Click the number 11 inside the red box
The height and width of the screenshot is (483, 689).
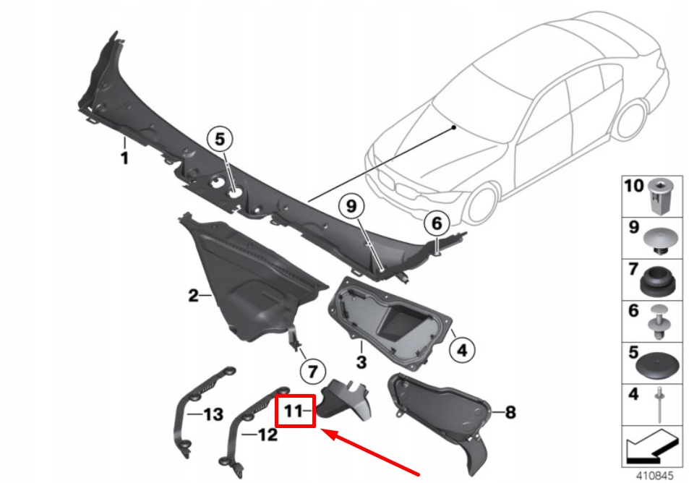(293, 411)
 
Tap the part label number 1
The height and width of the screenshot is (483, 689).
(124, 158)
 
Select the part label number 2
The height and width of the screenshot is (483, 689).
(193, 295)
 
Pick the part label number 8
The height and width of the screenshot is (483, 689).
(510, 413)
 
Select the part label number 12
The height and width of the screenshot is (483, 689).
(268, 435)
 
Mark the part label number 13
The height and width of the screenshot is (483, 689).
(213, 415)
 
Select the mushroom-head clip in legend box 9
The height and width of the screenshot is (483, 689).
(660, 239)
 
